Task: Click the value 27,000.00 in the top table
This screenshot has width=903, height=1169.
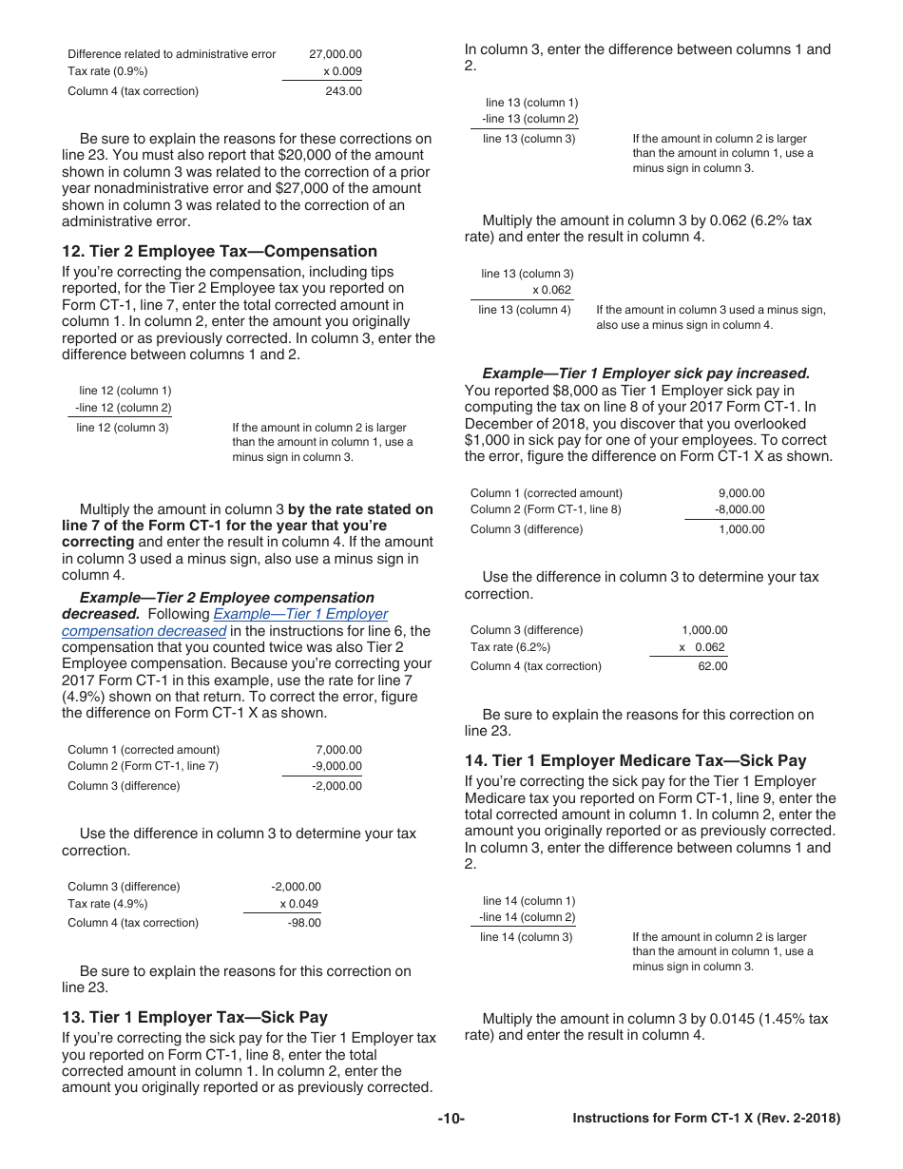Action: [x=335, y=54]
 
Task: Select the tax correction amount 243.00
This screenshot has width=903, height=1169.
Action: [x=343, y=91]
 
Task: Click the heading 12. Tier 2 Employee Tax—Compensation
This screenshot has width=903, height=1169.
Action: [x=220, y=251]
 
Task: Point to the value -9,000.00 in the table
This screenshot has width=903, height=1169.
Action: [x=336, y=766]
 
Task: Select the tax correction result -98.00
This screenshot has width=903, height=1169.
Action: [x=304, y=923]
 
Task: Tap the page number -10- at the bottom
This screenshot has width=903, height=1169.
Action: [x=451, y=1119]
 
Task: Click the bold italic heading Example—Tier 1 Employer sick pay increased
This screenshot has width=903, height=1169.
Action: [x=645, y=374]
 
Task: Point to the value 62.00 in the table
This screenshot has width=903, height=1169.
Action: [x=712, y=666]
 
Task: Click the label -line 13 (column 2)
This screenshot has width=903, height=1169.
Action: [x=529, y=119]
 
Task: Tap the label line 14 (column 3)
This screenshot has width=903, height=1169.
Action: [x=527, y=937]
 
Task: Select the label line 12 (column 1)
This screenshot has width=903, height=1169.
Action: [x=125, y=391]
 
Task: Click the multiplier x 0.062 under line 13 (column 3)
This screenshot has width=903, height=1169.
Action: [x=551, y=290]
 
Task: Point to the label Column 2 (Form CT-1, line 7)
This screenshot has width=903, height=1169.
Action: [x=143, y=766]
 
